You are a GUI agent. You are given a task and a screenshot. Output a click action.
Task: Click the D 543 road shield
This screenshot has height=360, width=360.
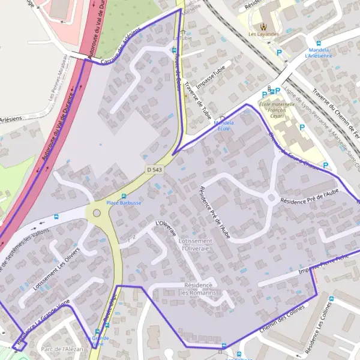(154, 170)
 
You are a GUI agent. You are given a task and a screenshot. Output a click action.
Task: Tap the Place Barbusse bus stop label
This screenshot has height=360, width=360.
(124, 203)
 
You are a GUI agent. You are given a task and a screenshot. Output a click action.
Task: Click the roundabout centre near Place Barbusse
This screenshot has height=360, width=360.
(96, 212)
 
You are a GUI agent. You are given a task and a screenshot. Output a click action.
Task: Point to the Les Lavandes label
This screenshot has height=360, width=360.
(263, 34)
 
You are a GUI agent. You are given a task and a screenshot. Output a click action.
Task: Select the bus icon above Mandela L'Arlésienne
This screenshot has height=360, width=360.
(318, 43)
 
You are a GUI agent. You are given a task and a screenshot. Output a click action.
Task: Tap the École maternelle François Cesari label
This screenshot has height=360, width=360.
(277, 111)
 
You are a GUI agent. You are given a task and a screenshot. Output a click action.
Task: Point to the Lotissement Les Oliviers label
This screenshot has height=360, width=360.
(56, 269)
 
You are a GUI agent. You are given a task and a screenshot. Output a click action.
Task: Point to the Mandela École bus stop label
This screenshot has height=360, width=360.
(223, 125)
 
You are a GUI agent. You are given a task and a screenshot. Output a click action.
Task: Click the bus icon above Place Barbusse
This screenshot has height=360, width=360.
(124, 196)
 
